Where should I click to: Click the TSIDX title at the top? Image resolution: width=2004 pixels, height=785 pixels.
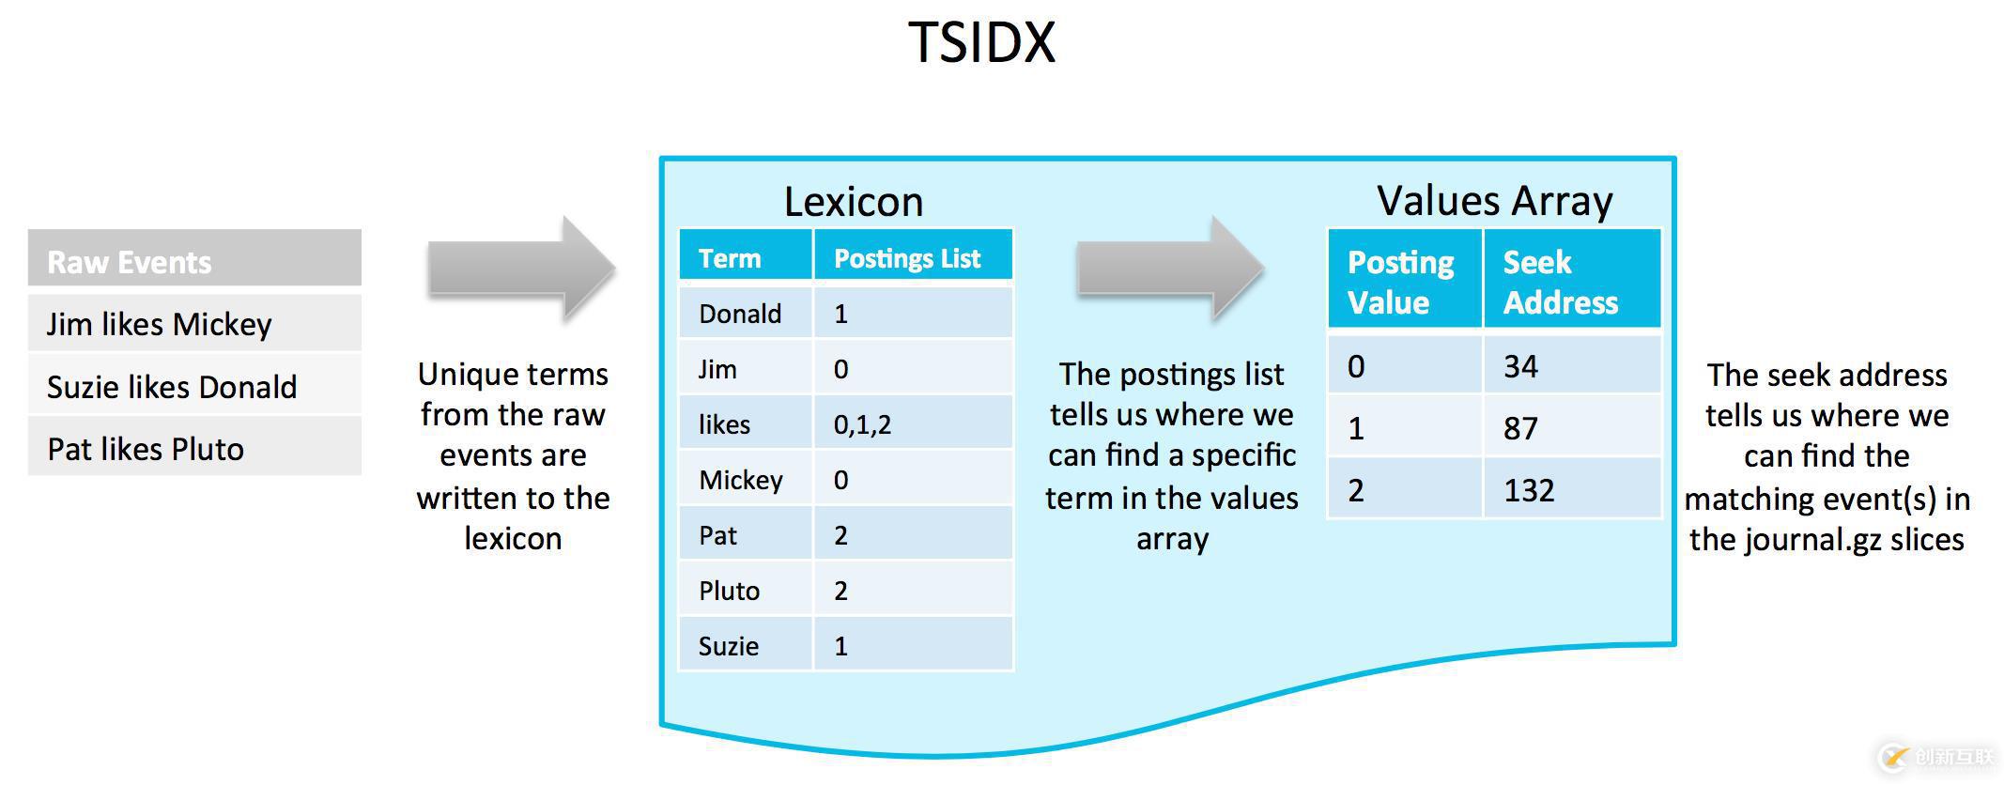pos(981,42)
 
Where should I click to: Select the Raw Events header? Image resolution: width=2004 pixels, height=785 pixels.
pos(194,260)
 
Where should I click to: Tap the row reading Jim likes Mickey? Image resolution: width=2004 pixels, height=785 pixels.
pos(194,324)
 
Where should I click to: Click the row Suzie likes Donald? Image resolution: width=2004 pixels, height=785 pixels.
pos(194,386)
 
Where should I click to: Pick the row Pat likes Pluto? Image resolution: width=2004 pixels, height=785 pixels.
pos(194,449)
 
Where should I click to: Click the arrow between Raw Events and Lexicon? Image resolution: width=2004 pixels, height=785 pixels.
pos(522,269)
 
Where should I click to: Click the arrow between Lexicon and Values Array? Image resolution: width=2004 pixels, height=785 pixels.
pos(1170,269)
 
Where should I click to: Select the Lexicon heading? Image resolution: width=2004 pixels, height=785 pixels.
pos(853,201)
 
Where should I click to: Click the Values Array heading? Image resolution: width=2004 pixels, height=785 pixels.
pos(1494,200)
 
